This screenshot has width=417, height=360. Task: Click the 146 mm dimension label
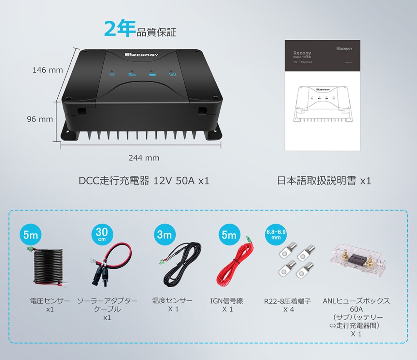pos(48,70)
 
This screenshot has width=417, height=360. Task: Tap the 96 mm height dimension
pos(40,119)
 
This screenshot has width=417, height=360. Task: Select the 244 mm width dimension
pos(144,158)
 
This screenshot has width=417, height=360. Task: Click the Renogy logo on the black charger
pos(141,55)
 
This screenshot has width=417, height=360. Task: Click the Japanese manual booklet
pos(322,95)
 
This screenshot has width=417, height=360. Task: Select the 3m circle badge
pos(165,234)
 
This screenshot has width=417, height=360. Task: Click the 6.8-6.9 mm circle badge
pos(276,234)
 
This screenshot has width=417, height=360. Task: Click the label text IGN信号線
pos(227,301)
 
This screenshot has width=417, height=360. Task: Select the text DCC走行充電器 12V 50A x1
pos(144,181)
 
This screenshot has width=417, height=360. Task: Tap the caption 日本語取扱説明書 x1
pos(324,181)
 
